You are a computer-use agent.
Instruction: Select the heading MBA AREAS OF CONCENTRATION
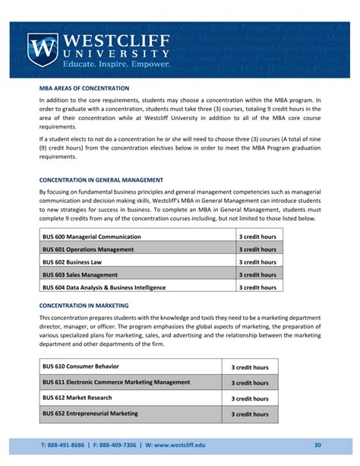84,88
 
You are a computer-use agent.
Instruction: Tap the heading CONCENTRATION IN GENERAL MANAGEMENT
101,180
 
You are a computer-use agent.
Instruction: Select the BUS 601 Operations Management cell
88,249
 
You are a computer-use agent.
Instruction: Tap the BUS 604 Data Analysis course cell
104,287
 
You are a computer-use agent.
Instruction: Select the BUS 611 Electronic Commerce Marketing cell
116,382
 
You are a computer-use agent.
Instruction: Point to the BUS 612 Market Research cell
77,398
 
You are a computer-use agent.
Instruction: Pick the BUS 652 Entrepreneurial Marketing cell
90,414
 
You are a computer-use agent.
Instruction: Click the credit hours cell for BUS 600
257,236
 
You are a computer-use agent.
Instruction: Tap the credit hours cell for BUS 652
250,414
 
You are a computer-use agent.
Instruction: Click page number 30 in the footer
317,445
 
